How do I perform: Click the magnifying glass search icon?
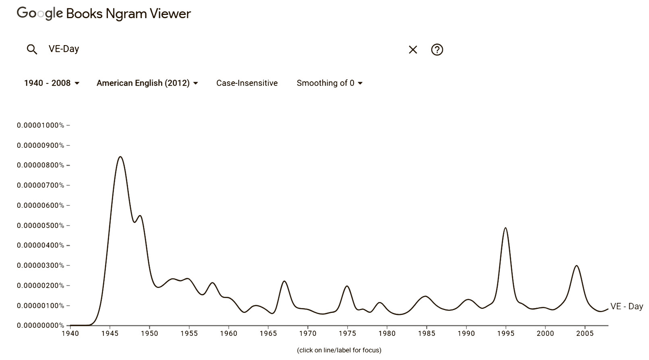pos(32,50)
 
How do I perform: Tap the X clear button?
pos(413,50)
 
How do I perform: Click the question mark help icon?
pos(437,50)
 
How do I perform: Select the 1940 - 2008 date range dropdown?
pos(52,83)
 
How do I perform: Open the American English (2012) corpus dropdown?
pos(147,83)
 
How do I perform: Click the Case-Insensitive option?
pos(247,83)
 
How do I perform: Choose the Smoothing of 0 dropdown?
pos(330,83)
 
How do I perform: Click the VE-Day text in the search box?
pos(64,49)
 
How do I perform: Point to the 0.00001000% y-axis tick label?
pos(40,125)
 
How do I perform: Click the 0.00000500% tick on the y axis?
pos(40,226)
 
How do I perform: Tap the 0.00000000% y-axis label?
pos(40,325)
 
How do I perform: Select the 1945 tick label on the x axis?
pos(110,333)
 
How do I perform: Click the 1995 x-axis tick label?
pos(506,333)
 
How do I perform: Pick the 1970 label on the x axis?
pos(308,333)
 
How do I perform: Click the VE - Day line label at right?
pos(626,306)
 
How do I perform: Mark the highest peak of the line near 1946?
pos(120,157)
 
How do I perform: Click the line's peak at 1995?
pos(505,228)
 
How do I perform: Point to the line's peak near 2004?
pos(576,265)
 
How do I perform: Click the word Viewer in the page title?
pos(170,14)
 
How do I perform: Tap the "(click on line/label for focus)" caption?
pos(339,350)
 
